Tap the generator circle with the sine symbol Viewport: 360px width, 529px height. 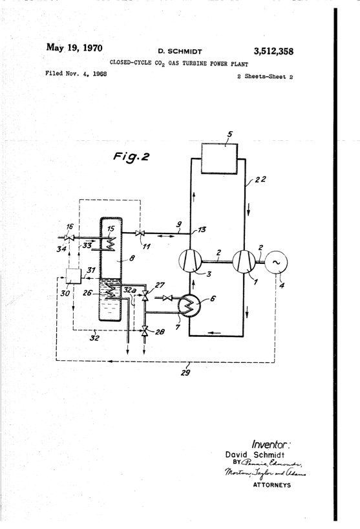275,262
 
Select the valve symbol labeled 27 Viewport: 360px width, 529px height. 145,297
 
